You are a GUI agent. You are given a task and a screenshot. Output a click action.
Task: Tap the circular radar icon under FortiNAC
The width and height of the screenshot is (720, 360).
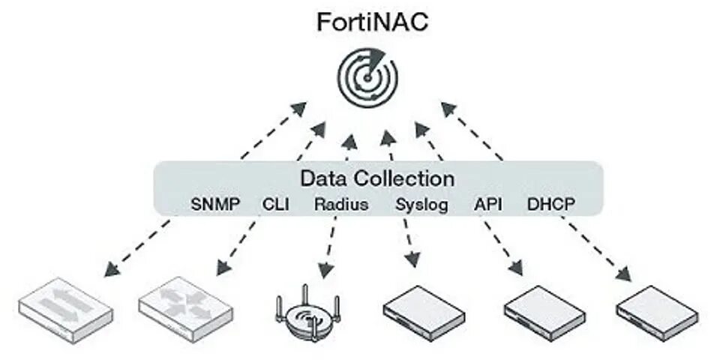367,76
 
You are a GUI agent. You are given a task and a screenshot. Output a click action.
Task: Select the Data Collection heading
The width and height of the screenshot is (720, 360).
377,179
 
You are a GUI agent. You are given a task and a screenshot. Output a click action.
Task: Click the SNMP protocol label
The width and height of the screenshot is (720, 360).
216,204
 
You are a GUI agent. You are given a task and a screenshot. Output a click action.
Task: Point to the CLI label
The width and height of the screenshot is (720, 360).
276,204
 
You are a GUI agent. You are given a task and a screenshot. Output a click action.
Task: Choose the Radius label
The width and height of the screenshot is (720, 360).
341,204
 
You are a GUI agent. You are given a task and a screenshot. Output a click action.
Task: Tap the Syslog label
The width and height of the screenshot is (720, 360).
421,204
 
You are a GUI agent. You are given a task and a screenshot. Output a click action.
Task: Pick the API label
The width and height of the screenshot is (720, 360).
487,204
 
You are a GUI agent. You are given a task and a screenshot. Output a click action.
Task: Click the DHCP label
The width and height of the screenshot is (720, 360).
551,204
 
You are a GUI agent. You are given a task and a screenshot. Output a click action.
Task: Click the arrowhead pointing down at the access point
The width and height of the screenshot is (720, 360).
325,269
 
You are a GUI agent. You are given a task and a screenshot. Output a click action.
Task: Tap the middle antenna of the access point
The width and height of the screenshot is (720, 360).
305,294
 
